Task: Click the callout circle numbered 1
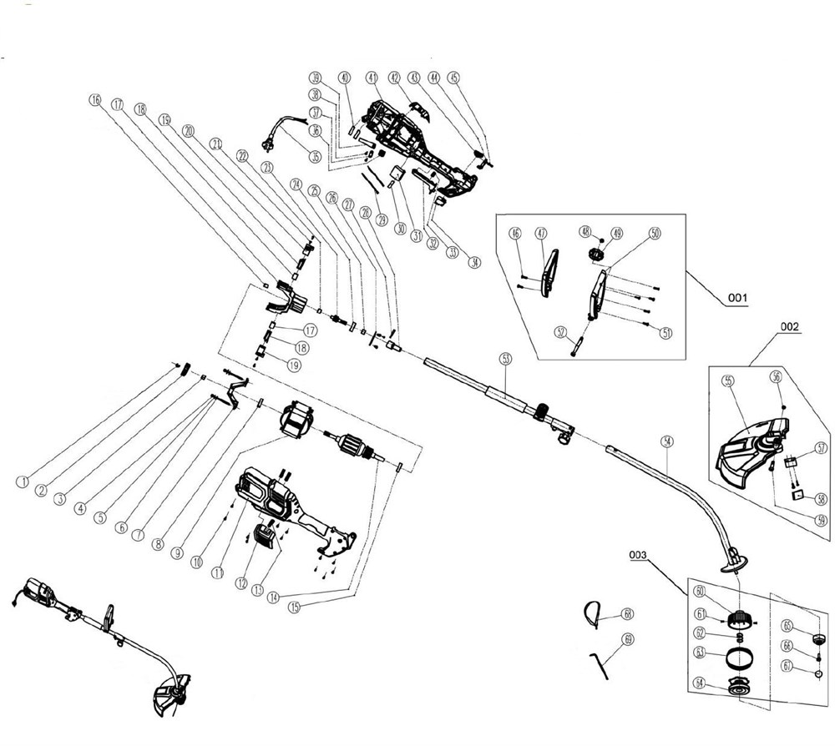coord(23,481)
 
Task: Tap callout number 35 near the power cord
coord(315,155)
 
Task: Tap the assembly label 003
coord(640,553)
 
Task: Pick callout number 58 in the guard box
coord(822,500)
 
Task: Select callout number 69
coord(629,640)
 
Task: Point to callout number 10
coord(196,562)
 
